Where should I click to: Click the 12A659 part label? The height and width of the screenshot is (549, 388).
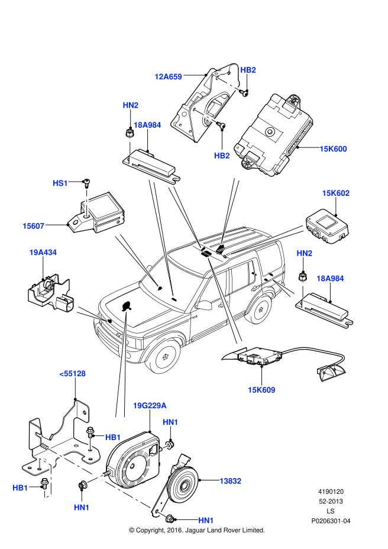point(168,77)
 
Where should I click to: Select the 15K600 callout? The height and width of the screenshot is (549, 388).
point(333,149)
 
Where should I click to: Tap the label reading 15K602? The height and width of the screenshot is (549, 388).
point(335,193)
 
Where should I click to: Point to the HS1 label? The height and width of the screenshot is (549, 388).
point(60,183)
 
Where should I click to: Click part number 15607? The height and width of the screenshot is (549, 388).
point(33,226)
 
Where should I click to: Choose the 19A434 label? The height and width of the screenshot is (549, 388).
point(43,253)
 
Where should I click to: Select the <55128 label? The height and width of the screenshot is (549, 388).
point(72,374)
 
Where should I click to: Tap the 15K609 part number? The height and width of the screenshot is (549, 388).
point(261,390)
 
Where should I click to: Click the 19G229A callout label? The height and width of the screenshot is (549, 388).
point(150,406)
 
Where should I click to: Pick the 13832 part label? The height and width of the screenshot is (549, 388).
point(230,482)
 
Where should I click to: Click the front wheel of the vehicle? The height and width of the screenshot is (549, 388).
point(163,356)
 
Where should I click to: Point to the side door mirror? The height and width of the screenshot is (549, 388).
point(205,306)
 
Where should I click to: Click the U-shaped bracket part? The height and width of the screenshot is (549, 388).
point(46,478)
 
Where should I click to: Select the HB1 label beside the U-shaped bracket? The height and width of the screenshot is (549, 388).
point(20,488)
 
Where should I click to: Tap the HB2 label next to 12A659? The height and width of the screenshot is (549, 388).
point(248,70)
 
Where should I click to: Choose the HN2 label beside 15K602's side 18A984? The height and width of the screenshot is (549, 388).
point(304,254)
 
